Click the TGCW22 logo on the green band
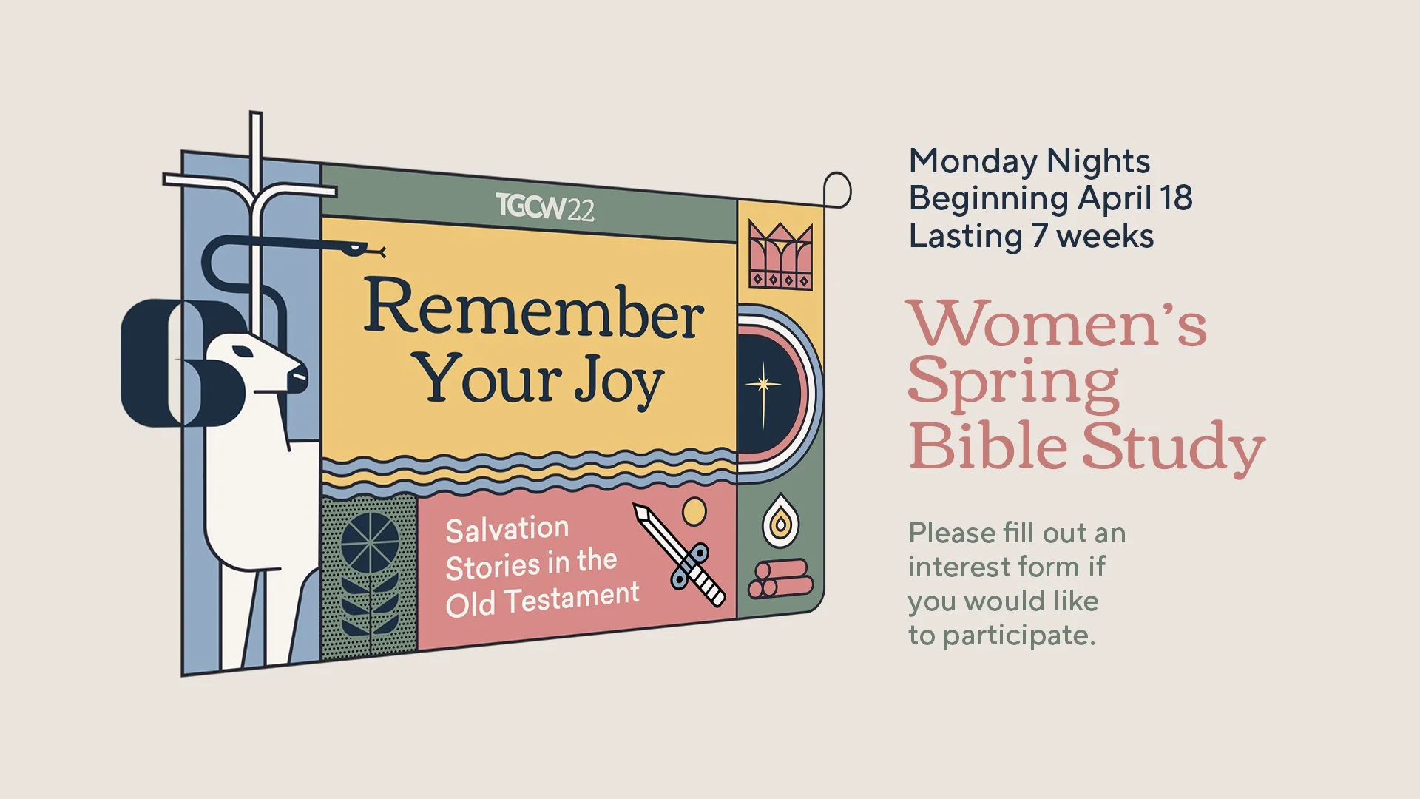544,207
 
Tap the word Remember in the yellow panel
533,310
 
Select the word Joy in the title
618,380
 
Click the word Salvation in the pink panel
507,530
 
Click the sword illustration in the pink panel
680,555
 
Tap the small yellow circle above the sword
694,512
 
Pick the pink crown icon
780,255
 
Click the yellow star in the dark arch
763,385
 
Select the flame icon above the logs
780,522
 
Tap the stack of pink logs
780,579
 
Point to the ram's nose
300,374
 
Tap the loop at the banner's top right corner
837,190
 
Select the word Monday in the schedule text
973,162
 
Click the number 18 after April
1175,198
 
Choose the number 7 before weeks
1039,236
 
